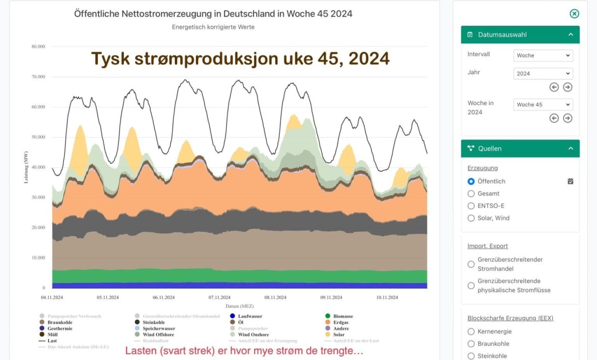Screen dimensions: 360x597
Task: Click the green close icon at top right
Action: tap(574, 14)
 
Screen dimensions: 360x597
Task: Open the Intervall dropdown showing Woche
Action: tap(543, 55)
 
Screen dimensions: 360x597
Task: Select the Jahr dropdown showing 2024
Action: tap(543, 74)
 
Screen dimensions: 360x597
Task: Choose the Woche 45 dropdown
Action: tap(543, 104)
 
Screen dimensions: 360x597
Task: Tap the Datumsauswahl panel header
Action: tap(520, 35)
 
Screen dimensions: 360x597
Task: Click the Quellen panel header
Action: tap(520, 148)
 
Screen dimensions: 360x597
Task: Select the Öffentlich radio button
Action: tap(471, 181)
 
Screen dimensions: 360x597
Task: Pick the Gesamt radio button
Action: tap(471, 194)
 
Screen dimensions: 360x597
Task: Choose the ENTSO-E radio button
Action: tap(471, 206)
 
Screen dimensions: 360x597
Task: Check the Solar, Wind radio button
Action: tap(471, 218)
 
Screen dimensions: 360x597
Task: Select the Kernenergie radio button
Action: tap(471, 332)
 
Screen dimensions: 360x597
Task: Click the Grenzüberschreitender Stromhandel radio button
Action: tap(471, 264)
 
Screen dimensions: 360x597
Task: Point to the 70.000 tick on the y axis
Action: tap(38, 77)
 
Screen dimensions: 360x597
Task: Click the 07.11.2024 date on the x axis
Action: tap(219, 298)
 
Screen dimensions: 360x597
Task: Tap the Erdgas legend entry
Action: tap(340, 322)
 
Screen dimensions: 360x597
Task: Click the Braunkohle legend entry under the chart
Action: tap(59, 322)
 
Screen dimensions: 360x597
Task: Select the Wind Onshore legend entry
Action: tap(253, 334)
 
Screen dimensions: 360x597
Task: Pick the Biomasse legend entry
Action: tap(343, 316)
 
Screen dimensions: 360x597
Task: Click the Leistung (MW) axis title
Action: tap(27, 166)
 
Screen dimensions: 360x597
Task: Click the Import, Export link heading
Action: tap(487, 246)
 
